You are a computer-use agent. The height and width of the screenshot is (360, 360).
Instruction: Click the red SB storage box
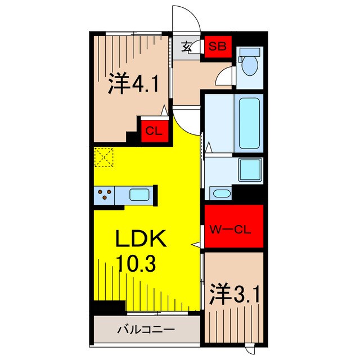[x=217, y=46]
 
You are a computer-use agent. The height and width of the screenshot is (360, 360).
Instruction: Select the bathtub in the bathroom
[x=249, y=124]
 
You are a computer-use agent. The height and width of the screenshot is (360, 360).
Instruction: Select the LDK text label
[x=141, y=240]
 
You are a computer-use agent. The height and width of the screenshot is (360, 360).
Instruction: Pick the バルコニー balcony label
[x=146, y=330]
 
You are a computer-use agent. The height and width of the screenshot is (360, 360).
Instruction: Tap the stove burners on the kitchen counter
[x=105, y=195]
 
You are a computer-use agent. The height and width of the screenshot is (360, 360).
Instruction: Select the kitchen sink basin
[x=139, y=195]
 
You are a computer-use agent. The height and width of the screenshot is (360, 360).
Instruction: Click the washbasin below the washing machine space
[x=221, y=194]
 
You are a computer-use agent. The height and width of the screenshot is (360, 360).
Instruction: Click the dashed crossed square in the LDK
[x=105, y=157]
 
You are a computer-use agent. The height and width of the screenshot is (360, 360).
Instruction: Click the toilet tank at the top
[x=249, y=52]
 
